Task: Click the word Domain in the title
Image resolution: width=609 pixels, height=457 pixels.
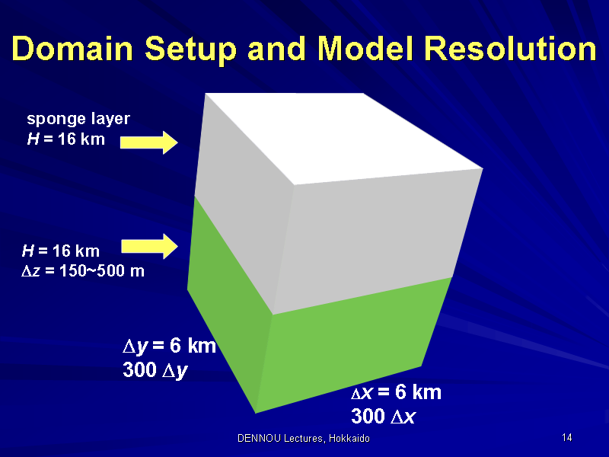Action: (72, 49)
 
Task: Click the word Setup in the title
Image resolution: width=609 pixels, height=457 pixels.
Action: (191, 50)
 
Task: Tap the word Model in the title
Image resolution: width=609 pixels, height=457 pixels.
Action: (365, 49)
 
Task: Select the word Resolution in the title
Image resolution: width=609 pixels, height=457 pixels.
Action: (510, 49)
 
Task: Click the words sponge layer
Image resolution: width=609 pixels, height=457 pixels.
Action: (78, 119)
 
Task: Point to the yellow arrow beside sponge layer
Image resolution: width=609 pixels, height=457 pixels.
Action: (149, 142)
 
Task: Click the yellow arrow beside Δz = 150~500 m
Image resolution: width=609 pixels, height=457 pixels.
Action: (149, 246)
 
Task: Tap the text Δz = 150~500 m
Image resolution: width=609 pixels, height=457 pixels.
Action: (83, 270)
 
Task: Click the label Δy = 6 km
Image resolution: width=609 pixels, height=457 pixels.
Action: (169, 346)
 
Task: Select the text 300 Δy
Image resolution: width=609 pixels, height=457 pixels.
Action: (155, 369)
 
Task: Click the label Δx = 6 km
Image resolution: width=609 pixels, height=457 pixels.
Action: (396, 391)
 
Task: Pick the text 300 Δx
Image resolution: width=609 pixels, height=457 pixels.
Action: (384, 416)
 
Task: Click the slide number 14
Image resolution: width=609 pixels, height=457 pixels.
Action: (566, 437)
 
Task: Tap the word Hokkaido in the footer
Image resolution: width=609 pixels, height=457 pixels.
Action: (349, 439)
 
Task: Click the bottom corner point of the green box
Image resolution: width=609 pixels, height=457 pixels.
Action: (255, 413)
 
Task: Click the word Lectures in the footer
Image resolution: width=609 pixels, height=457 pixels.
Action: (304, 439)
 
